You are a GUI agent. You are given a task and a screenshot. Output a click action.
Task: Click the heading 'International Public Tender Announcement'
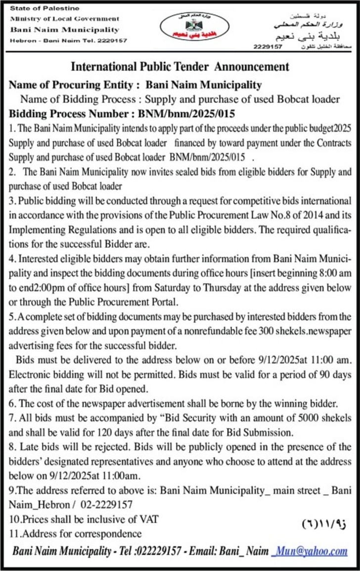click(x=180, y=66)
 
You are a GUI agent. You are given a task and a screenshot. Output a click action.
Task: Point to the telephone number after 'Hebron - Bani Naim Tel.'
click(x=112, y=40)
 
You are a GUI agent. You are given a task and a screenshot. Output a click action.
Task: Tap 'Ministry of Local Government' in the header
click(x=65, y=19)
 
